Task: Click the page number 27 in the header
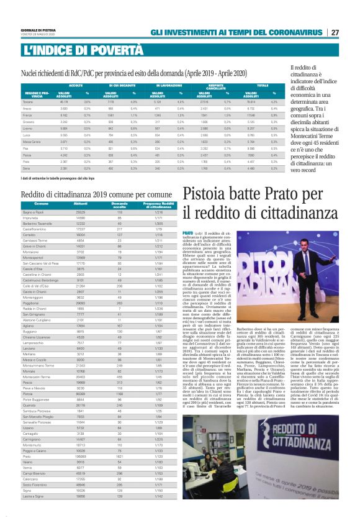pyautogui.click(x=335, y=32)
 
